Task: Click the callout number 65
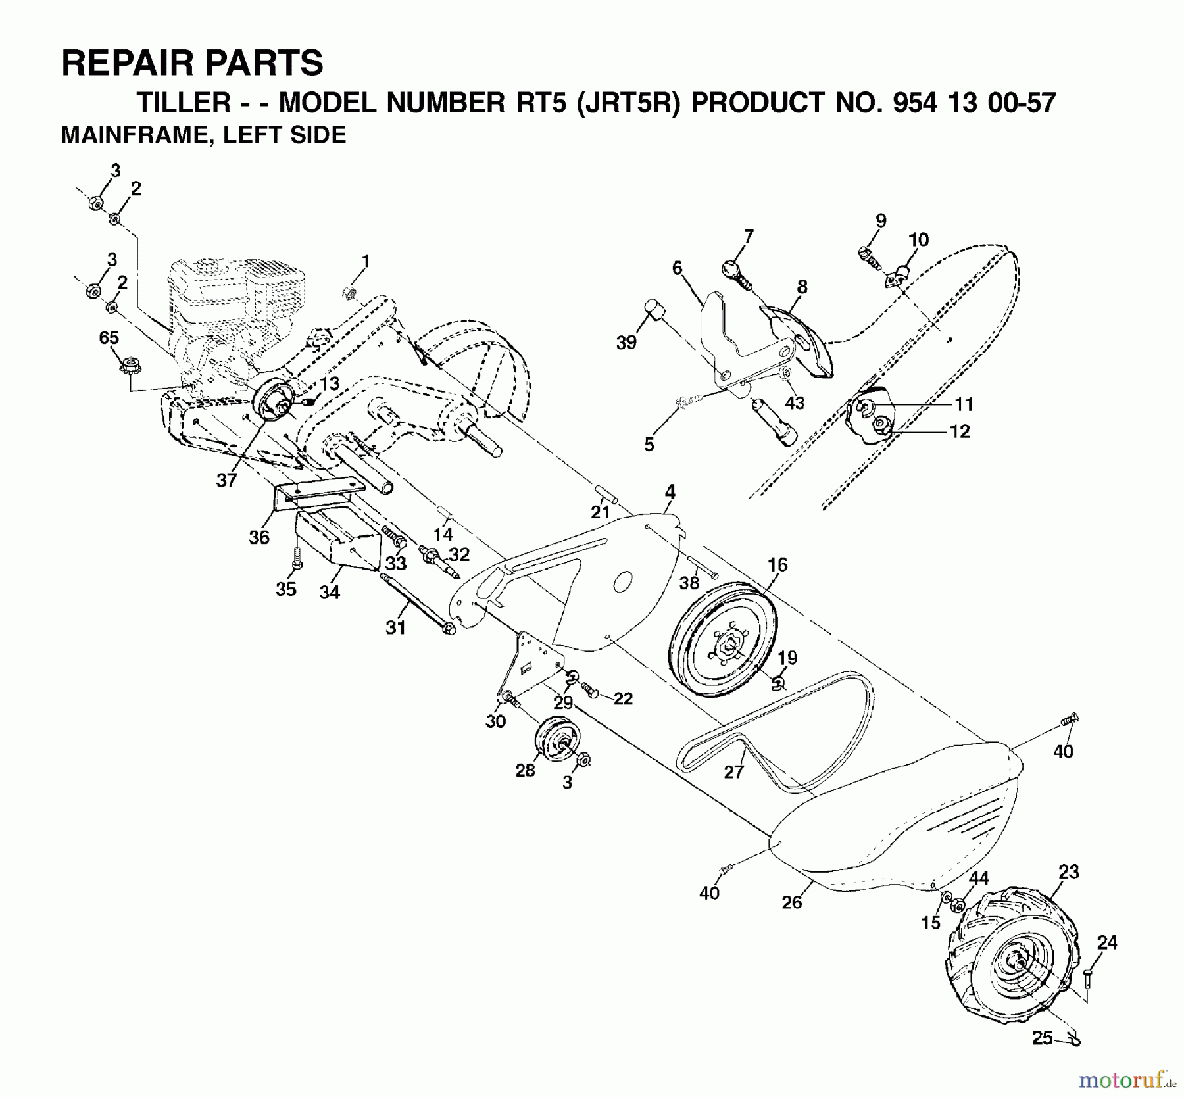(109, 338)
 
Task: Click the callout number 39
(626, 343)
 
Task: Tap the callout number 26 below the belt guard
(792, 902)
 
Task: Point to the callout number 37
(226, 481)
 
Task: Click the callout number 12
(960, 431)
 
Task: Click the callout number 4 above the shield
(670, 491)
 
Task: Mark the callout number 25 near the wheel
(1042, 1038)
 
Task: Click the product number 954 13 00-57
(941, 103)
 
